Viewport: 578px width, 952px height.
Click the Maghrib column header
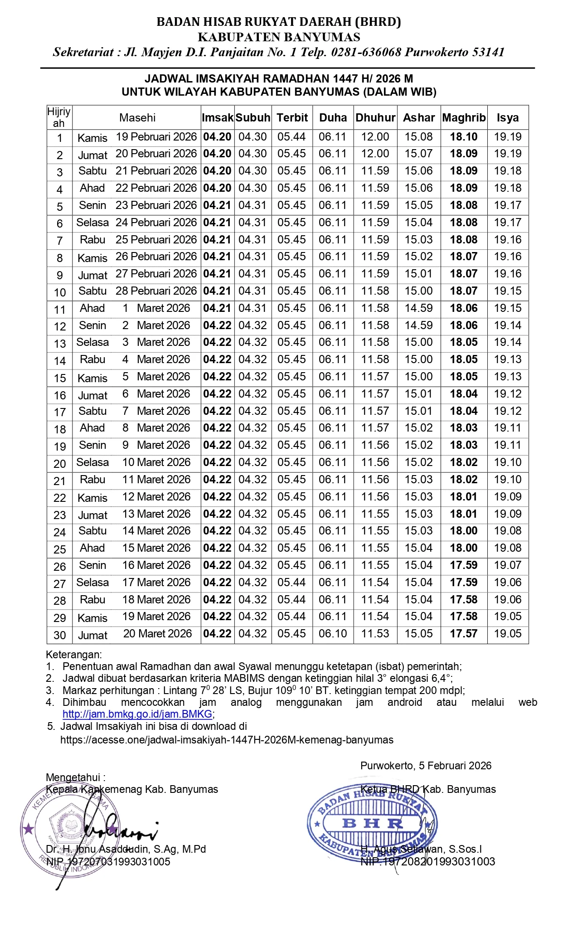click(x=464, y=118)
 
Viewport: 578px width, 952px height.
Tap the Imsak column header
click(x=218, y=118)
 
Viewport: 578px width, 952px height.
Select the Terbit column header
click(x=292, y=118)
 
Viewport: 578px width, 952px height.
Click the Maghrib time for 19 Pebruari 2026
click(x=464, y=137)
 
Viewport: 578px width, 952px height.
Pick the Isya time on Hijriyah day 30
click(x=508, y=634)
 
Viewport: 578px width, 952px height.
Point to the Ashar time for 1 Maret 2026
click(x=418, y=308)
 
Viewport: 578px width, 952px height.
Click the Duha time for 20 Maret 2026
click(x=333, y=634)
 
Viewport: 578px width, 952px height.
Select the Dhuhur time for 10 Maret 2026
click(x=375, y=462)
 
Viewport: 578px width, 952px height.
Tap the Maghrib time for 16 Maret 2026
click(x=464, y=565)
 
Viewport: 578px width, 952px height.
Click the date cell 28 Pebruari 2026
click(x=156, y=291)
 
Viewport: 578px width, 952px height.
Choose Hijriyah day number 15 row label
click(x=60, y=378)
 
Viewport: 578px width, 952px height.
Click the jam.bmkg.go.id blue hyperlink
click(x=137, y=714)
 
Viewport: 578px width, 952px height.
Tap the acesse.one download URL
click(x=227, y=740)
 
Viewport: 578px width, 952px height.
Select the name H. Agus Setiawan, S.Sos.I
click(x=422, y=849)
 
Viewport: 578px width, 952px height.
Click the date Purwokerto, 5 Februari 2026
click(x=426, y=766)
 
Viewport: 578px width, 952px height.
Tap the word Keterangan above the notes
click(x=73, y=655)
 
